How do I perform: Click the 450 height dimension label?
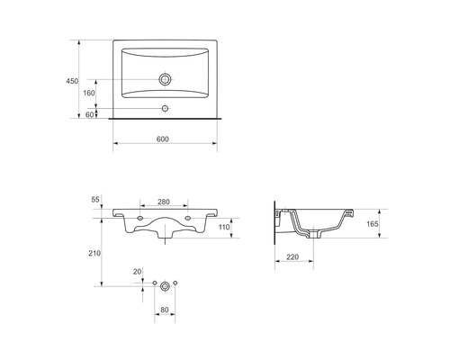(72, 81)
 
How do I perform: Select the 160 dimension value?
(89, 93)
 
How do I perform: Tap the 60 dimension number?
(90, 114)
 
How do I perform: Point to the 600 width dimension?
(163, 139)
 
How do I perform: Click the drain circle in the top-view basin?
(165, 79)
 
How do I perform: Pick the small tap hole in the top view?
(165, 108)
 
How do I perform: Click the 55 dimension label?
(95, 200)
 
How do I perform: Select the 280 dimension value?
(164, 202)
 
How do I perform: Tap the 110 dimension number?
(224, 227)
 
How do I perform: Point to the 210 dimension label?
(94, 253)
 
